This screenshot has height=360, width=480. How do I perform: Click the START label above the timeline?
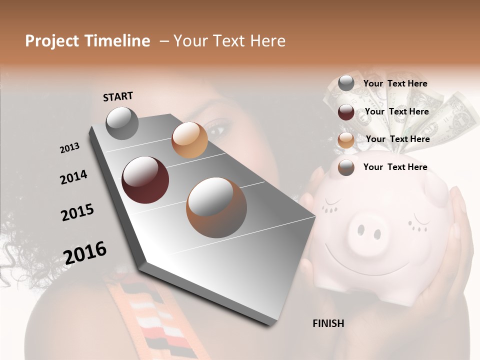coord(118,96)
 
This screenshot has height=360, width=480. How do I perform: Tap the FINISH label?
coord(328,323)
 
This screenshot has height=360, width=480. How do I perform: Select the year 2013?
coord(69,148)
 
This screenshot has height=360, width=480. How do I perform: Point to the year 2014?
coord(73,177)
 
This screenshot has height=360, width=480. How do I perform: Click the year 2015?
coord(77,212)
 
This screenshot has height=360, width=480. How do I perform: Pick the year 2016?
coord(85,252)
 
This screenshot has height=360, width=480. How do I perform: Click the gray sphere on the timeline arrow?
coord(122,123)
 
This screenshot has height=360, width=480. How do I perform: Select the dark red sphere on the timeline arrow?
coord(145,180)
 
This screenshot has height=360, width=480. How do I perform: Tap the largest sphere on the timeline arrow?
coord(216,207)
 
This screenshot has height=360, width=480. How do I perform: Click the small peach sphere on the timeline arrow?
coord(189,140)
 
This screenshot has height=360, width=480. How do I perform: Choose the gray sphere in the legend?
coord(346,83)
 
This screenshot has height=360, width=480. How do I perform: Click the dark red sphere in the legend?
coord(346,112)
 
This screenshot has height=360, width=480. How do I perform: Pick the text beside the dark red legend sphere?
coord(397,111)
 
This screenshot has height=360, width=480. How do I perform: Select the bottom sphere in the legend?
coord(346,167)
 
